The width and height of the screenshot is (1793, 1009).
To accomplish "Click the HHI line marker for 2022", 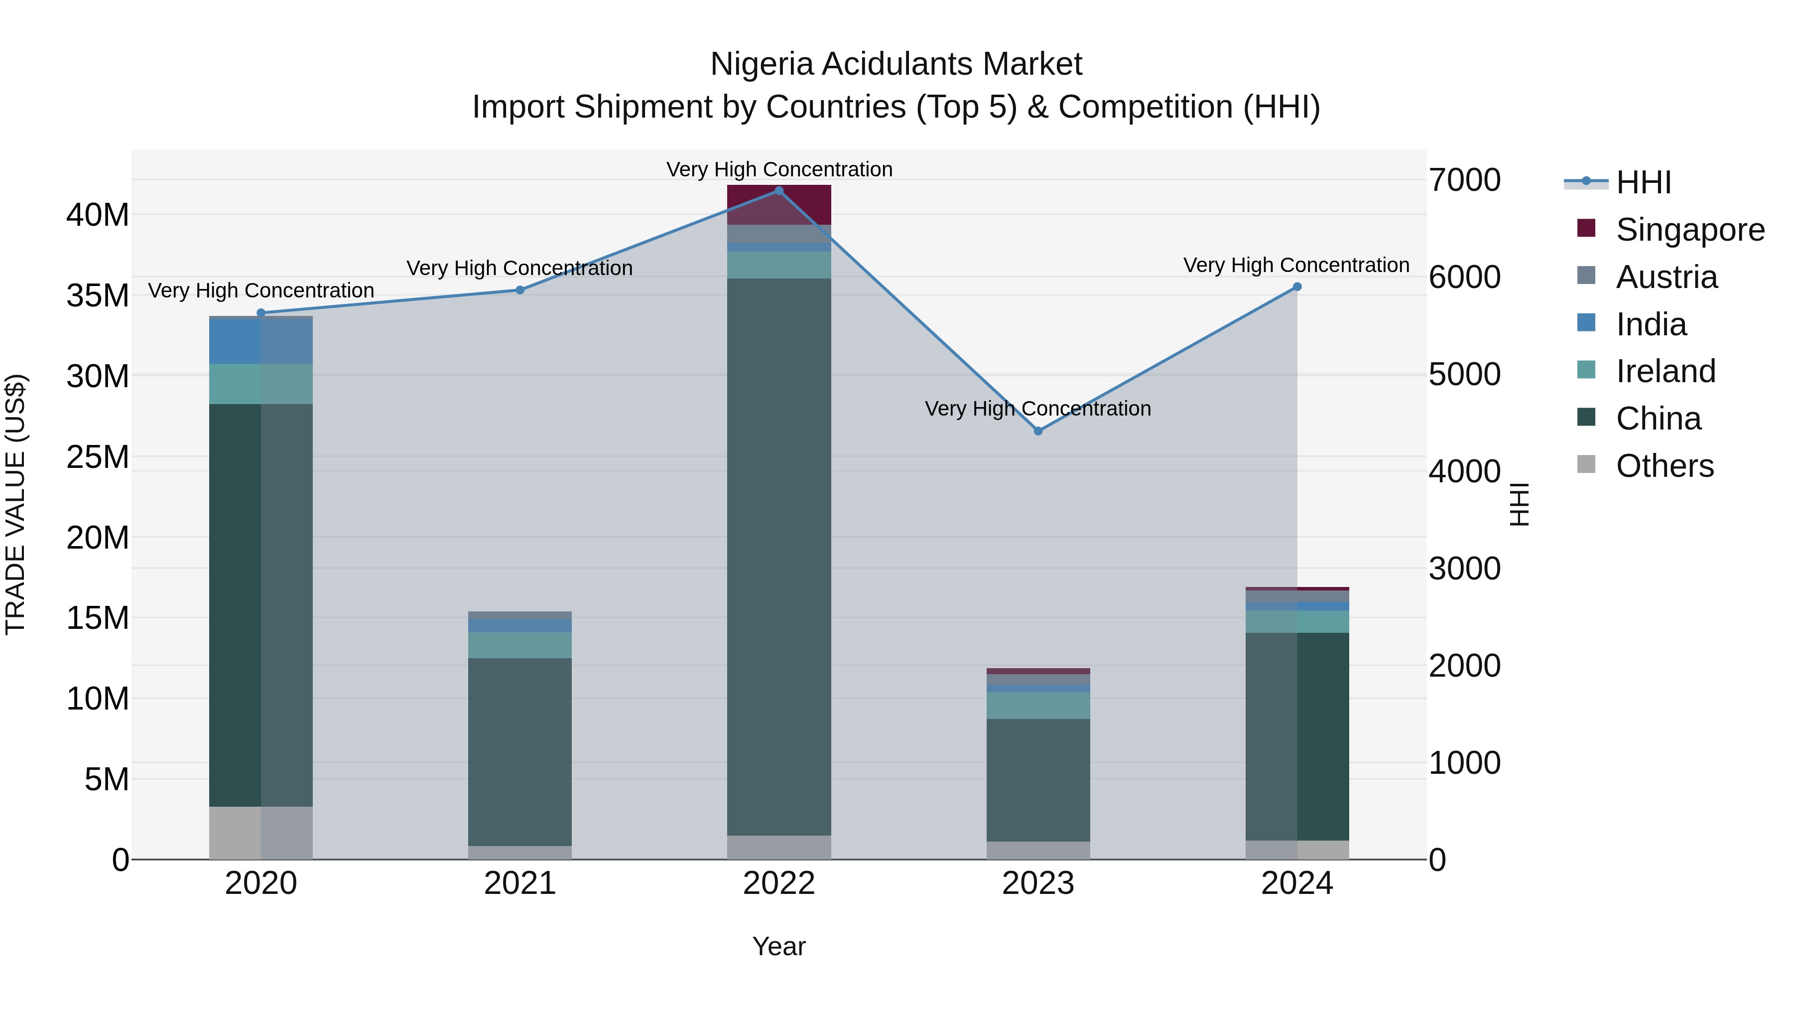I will point(779,191).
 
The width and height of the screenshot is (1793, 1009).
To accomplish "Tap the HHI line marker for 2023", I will point(1038,431).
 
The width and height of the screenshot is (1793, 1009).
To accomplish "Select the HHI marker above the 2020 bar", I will point(261,312).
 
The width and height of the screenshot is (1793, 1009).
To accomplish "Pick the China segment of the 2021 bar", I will point(520,752).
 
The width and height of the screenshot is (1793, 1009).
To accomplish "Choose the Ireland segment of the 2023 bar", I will point(1038,706).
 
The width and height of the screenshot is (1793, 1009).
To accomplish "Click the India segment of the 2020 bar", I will point(261,341).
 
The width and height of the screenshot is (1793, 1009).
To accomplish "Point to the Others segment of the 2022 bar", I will point(779,848).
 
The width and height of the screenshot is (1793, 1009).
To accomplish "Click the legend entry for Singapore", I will point(1689,230).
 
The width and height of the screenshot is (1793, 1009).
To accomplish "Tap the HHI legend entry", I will point(1643,182).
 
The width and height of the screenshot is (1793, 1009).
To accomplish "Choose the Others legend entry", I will point(1664,466).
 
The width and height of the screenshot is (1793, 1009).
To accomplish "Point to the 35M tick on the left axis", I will point(98,296).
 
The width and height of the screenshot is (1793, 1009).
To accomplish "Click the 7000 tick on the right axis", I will point(1464,180).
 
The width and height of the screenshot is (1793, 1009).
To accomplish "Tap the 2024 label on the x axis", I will point(1297,883).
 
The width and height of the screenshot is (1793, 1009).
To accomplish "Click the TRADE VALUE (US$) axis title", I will point(15,504).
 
